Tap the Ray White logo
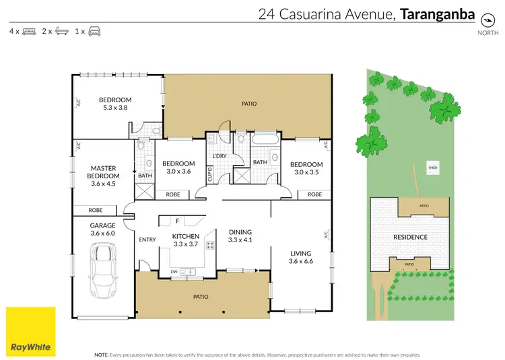tap(30, 331)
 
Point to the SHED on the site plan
tap(432, 168)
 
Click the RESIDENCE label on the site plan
tap(410, 237)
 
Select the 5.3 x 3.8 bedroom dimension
tap(115, 108)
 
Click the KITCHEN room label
tap(186, 236)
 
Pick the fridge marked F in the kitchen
tap(177, 221)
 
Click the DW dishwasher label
tap(174, 271)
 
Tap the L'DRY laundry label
tap(220, 156)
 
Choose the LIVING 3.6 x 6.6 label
tap(302, 256)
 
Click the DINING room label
tap(240, 231)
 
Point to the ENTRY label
tap(147, 240)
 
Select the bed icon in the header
tap(30, 31)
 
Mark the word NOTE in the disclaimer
tap(100, 354)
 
